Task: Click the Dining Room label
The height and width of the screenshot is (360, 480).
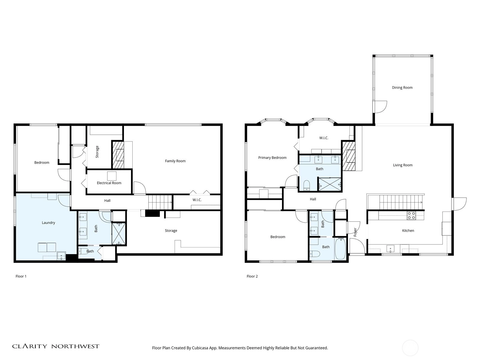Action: (x=402, y=88)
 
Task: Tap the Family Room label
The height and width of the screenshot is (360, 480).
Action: (x=175, y=161)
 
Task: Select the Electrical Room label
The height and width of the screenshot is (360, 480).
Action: (x=109, y=183)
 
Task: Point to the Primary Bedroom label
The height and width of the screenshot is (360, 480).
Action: (x=272, y=157)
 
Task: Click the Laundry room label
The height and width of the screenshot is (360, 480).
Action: (x=48, y=223)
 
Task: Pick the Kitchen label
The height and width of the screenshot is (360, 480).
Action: (x=408, y=231)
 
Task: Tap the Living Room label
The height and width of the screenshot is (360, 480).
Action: (x=403, y=165)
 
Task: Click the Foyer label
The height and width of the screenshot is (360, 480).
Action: (x=355, y=232)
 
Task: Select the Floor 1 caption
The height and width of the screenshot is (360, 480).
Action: (x=21, y=276)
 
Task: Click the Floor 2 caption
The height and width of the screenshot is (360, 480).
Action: (x=252, y=276)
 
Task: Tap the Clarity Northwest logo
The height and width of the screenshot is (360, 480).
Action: (x=55, y=346)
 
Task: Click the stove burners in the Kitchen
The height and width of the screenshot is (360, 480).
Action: (x=411, y=215)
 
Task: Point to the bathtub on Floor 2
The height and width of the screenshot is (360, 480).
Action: (x=340, y=249)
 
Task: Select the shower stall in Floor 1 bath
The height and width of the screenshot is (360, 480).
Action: (x=119, y=233)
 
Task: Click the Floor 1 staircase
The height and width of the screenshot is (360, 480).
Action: (x=160, y=202)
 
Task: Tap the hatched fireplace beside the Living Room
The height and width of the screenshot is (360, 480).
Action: (x=349, y=156)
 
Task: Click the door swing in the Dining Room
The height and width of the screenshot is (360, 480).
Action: (x=381, y=107)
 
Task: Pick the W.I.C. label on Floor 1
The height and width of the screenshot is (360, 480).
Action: (x=197, y=200)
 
